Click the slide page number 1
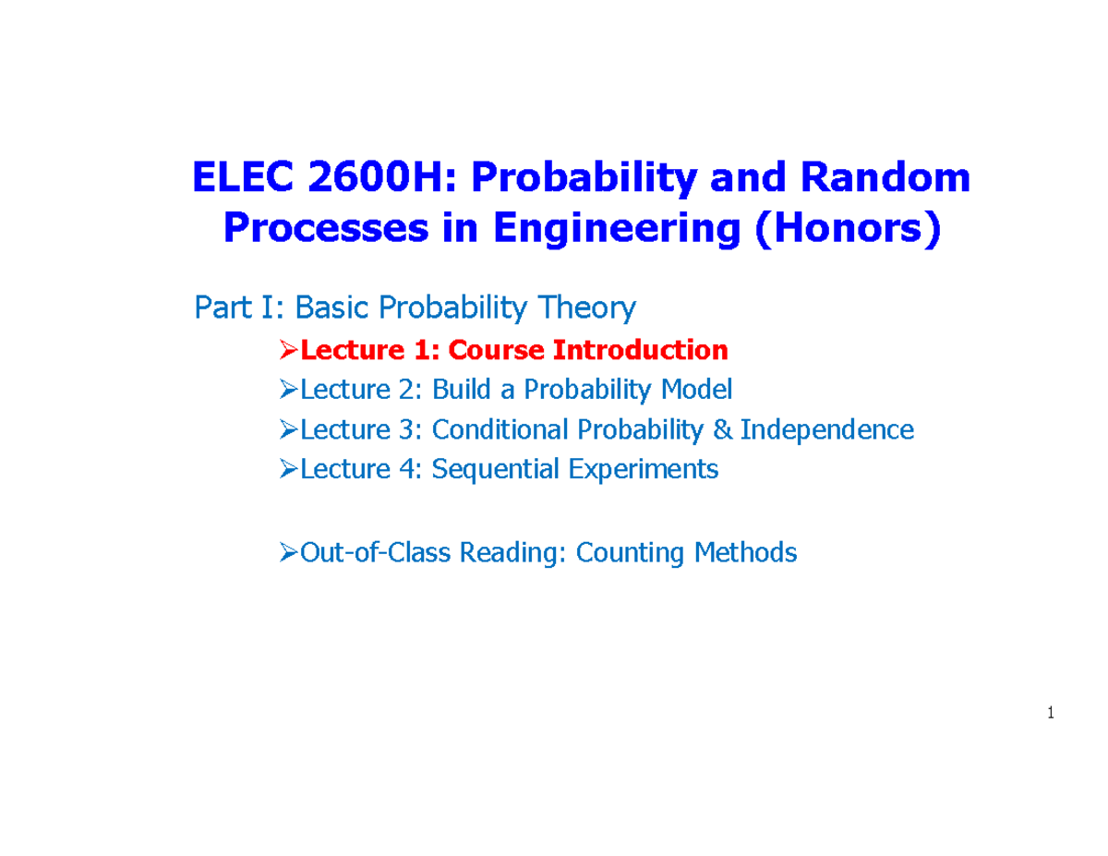(1052, 713)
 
